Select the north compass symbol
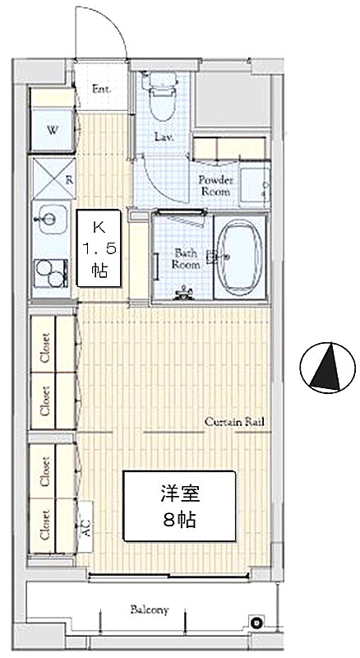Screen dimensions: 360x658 point(328,368)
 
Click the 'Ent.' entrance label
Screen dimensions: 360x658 point(101,90)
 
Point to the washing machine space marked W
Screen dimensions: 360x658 point(53,129)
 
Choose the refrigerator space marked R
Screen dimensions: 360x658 point(54,178)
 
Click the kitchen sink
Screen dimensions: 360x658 point(50,219)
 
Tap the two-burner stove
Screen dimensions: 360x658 point(51,273)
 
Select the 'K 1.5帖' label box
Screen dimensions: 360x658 point(99,248)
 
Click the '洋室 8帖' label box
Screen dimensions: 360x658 point(179,506)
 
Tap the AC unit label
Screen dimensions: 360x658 point(85,526)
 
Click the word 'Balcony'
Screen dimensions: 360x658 point(150,609)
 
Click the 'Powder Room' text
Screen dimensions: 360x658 point(215,186)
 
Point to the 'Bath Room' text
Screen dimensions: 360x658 point(187,259)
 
